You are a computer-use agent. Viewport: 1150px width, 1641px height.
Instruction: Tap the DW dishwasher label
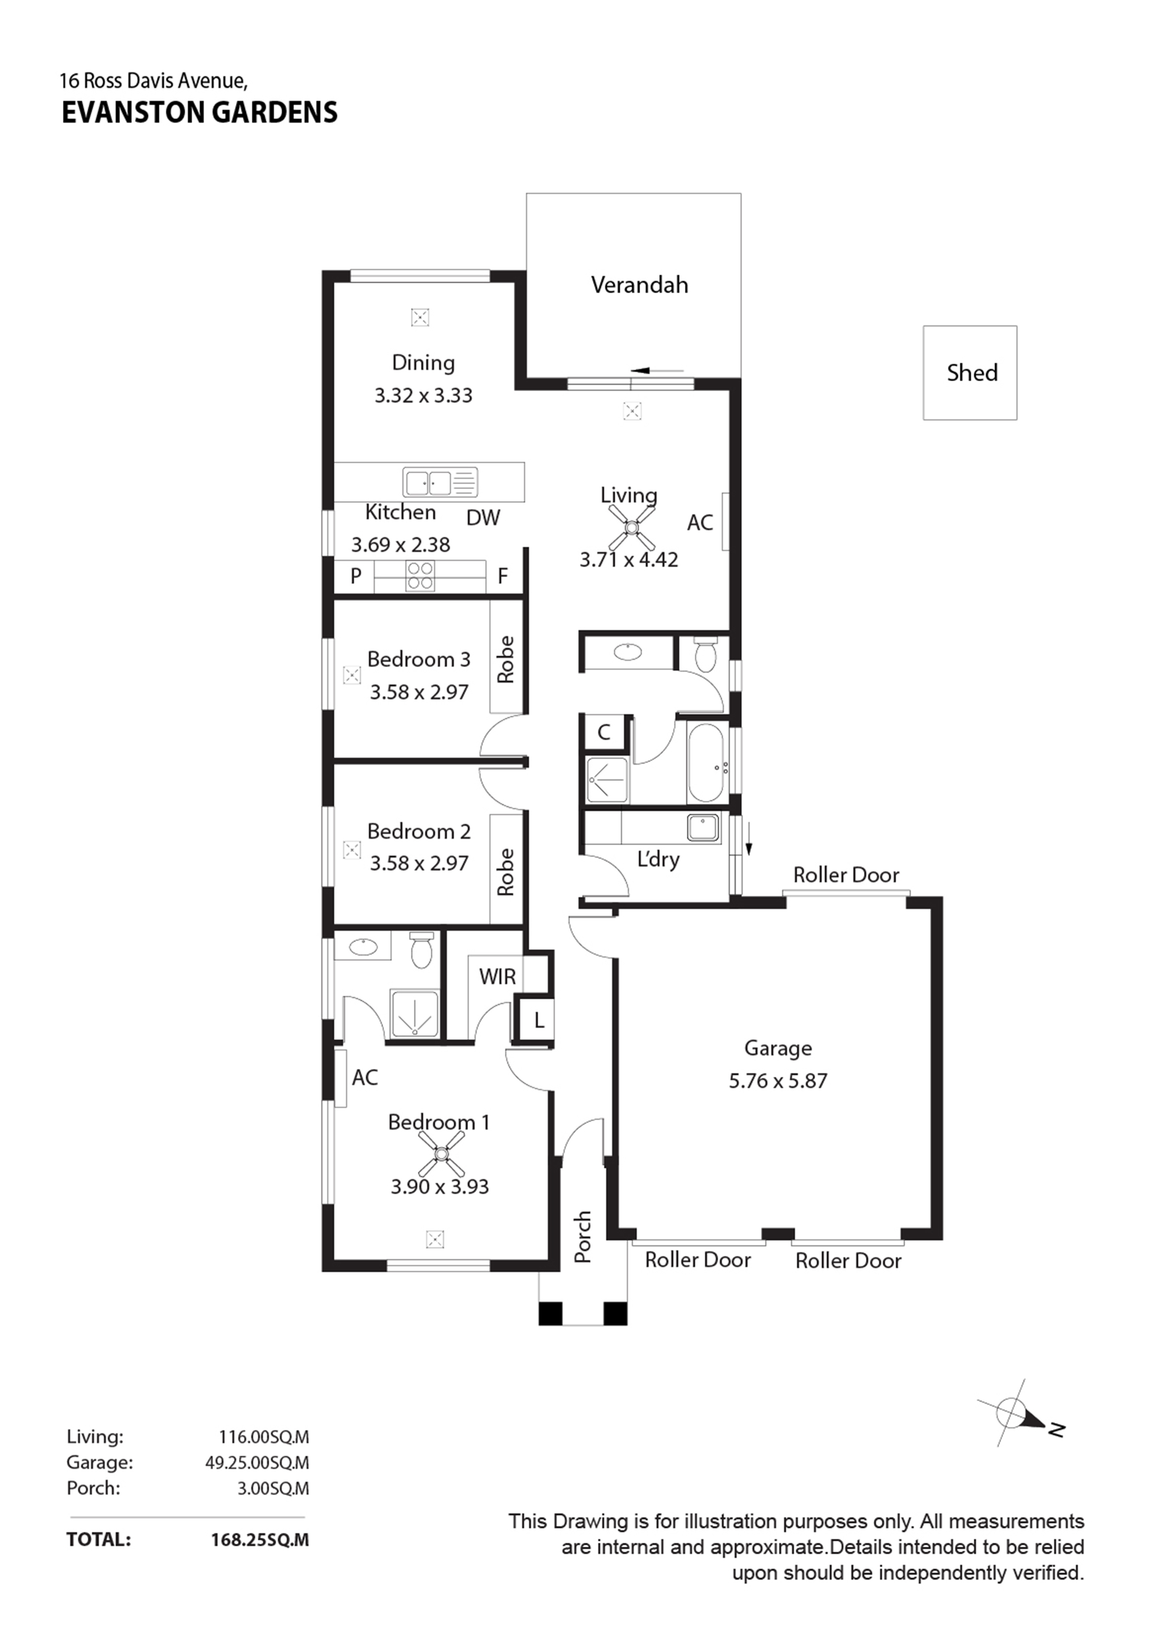(x=483, y=517)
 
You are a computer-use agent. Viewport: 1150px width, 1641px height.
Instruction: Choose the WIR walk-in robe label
(x=497, y=976)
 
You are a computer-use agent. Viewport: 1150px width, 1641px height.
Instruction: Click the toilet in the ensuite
(x=422, y=950)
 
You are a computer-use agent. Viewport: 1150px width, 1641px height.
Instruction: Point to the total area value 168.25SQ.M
(x=260, y=1539)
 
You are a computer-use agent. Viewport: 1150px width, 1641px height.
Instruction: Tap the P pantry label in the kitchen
(x=356, y=576)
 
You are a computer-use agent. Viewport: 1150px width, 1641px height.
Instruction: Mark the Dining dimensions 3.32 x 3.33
(x=423, y=395)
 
